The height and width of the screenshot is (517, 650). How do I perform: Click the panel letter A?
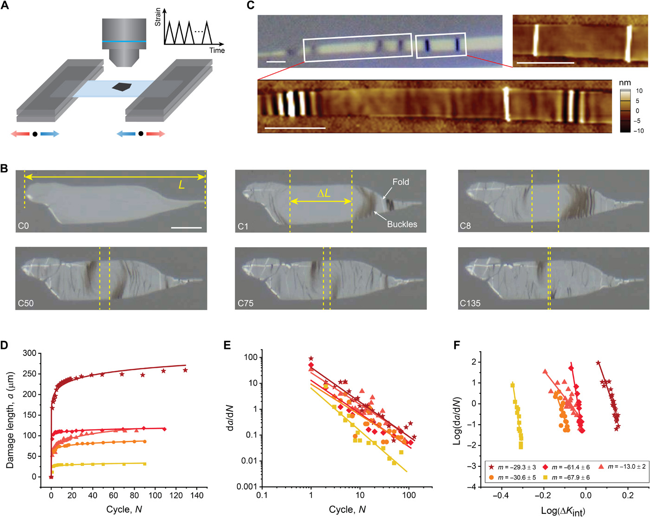coord(5,6)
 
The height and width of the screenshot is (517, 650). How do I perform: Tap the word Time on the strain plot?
coord(217,51)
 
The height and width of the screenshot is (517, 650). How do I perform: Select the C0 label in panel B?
coord(23,226)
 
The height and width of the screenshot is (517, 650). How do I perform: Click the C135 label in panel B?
coord(470,303)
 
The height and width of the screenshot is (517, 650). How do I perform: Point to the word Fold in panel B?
coord(401,182)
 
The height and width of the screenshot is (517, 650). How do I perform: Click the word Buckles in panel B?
coord(402,224)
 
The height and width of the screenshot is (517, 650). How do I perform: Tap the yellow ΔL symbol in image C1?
coord(324,193)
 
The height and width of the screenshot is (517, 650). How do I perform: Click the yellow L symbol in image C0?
coord(181,184)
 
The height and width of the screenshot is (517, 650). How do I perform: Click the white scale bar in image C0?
coord(186,228)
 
